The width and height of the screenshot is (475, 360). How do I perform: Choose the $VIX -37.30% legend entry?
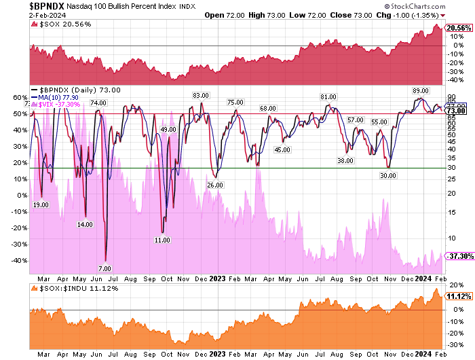click(60, 105)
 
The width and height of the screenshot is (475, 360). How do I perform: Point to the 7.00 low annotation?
click(104, 268)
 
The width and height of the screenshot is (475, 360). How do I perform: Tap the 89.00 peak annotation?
click(420, 90)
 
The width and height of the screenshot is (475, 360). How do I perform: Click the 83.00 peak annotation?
click(200, 96)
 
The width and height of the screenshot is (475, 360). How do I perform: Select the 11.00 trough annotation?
click(161, 240)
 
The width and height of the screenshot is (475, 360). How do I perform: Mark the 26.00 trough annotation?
click(215, 185)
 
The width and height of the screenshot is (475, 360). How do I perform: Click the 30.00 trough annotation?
click(387, 175)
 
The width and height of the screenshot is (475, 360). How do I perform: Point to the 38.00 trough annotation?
click(345, 161)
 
